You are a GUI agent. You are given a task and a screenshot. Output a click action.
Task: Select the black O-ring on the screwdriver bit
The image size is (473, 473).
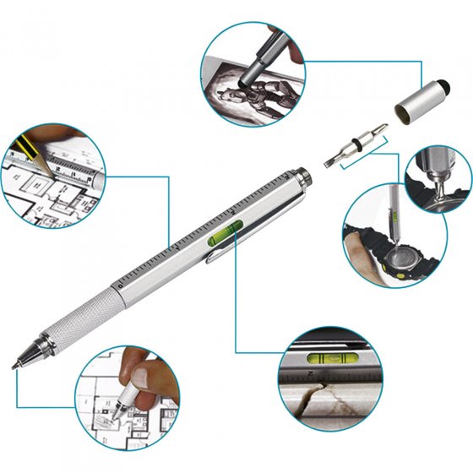point(365,143)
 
